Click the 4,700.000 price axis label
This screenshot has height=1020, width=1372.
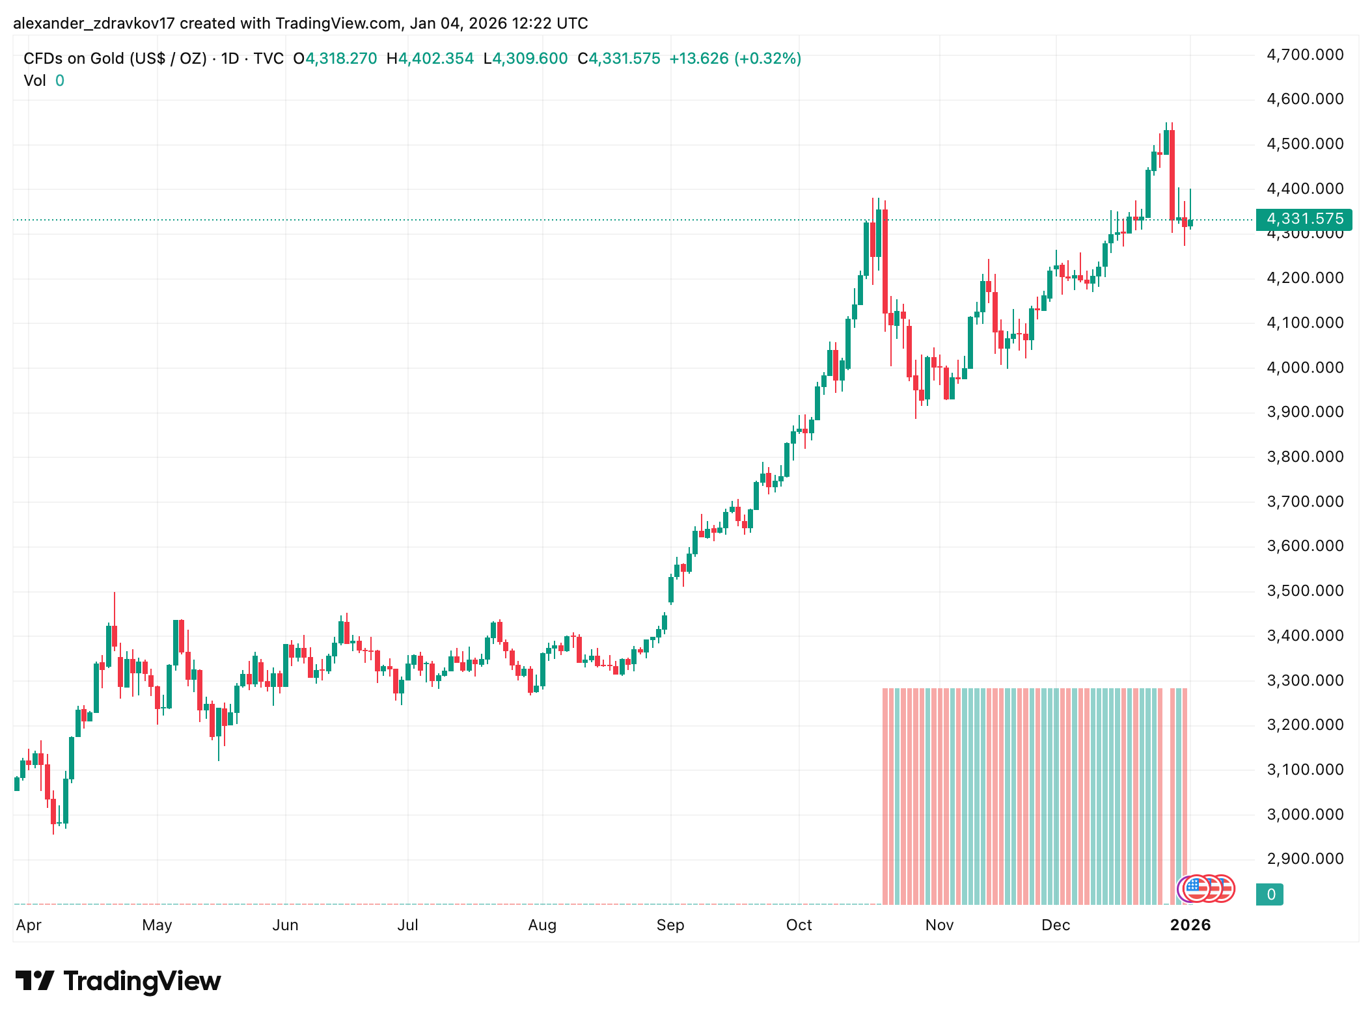1304,55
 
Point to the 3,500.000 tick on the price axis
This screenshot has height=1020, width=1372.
1304,591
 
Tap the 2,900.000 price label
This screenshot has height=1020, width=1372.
1304,859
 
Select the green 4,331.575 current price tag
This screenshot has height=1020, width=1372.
1304,219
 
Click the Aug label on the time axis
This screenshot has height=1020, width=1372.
542,925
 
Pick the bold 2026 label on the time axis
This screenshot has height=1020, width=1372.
1190,925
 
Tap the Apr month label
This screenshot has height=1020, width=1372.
29,925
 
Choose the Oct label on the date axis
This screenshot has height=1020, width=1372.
799,925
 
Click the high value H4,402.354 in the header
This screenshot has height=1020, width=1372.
430,59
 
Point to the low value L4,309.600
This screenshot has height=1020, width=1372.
525,59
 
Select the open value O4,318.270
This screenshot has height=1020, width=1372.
335,59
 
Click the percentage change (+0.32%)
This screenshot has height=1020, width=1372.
767,59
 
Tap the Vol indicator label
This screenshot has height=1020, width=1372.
34,81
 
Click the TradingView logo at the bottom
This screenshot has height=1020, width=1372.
118,981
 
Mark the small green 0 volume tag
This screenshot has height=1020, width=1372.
1270,894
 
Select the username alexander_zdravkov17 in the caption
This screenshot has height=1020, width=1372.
94,23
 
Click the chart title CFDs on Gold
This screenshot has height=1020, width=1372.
115,59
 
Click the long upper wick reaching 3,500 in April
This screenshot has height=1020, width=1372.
115,608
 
